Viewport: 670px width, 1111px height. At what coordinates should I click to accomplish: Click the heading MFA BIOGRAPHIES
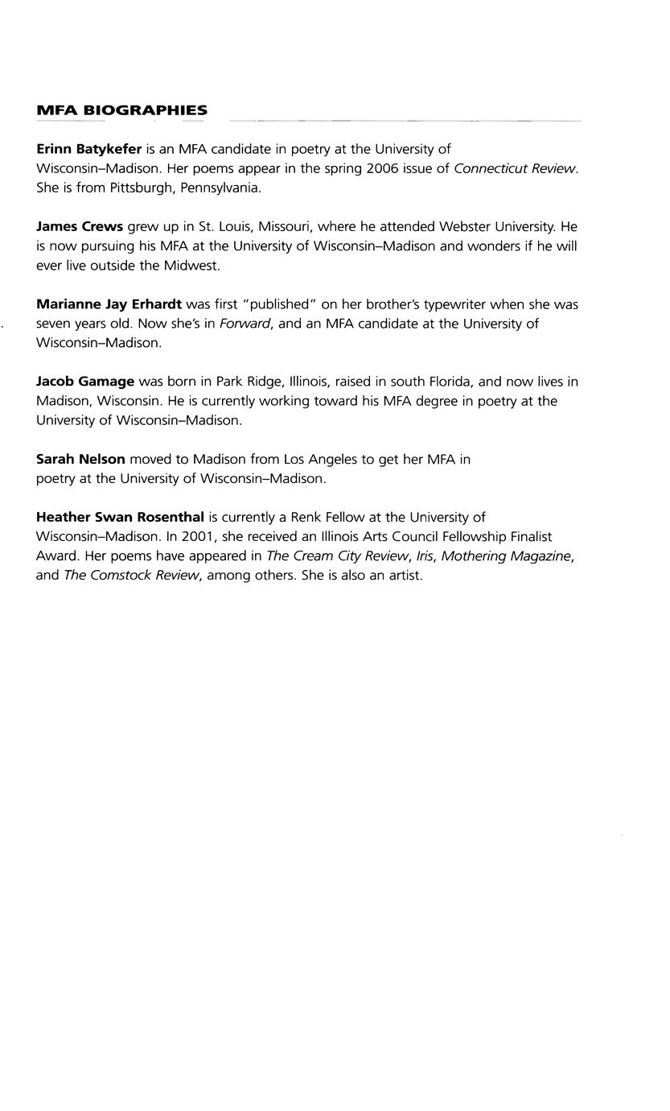[121, 111]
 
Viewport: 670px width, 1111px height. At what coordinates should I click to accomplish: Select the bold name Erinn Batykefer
[88, 149]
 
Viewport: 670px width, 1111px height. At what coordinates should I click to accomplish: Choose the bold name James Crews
[80, 227]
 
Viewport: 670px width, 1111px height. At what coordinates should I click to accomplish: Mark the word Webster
[467, 227]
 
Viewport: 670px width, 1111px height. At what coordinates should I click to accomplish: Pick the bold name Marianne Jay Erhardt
[109, 304]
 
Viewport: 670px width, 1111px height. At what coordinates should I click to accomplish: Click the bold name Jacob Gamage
[85, 382]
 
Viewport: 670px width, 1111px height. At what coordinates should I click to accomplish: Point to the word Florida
[451, 382]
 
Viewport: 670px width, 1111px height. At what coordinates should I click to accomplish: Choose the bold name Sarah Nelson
[80, 459]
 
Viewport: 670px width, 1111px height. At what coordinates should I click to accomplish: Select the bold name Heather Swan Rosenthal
[120, 517]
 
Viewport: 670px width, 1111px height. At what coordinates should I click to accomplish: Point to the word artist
[405, 576]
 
